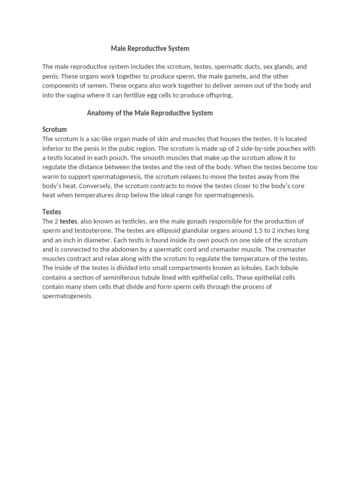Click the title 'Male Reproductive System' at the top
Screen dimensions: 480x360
[x=150, y=48]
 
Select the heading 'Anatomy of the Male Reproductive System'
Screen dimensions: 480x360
[x=150, y=112]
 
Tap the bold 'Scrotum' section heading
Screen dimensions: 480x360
[x=54, y=129]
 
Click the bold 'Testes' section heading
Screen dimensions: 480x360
[x=52, y=212]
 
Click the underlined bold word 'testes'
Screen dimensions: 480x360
[x=68, y=221]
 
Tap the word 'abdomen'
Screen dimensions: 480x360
[x=108, y=249]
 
